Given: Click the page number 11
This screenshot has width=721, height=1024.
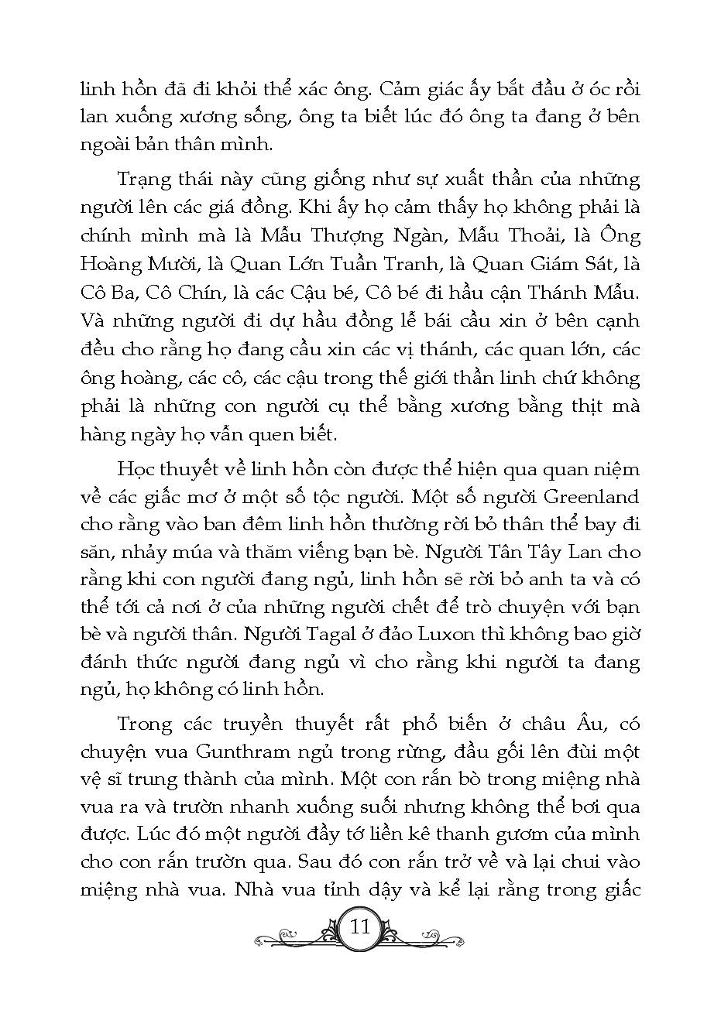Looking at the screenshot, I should tap(361, 926).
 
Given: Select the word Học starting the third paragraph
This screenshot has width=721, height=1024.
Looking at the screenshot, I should tap(135, 468).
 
